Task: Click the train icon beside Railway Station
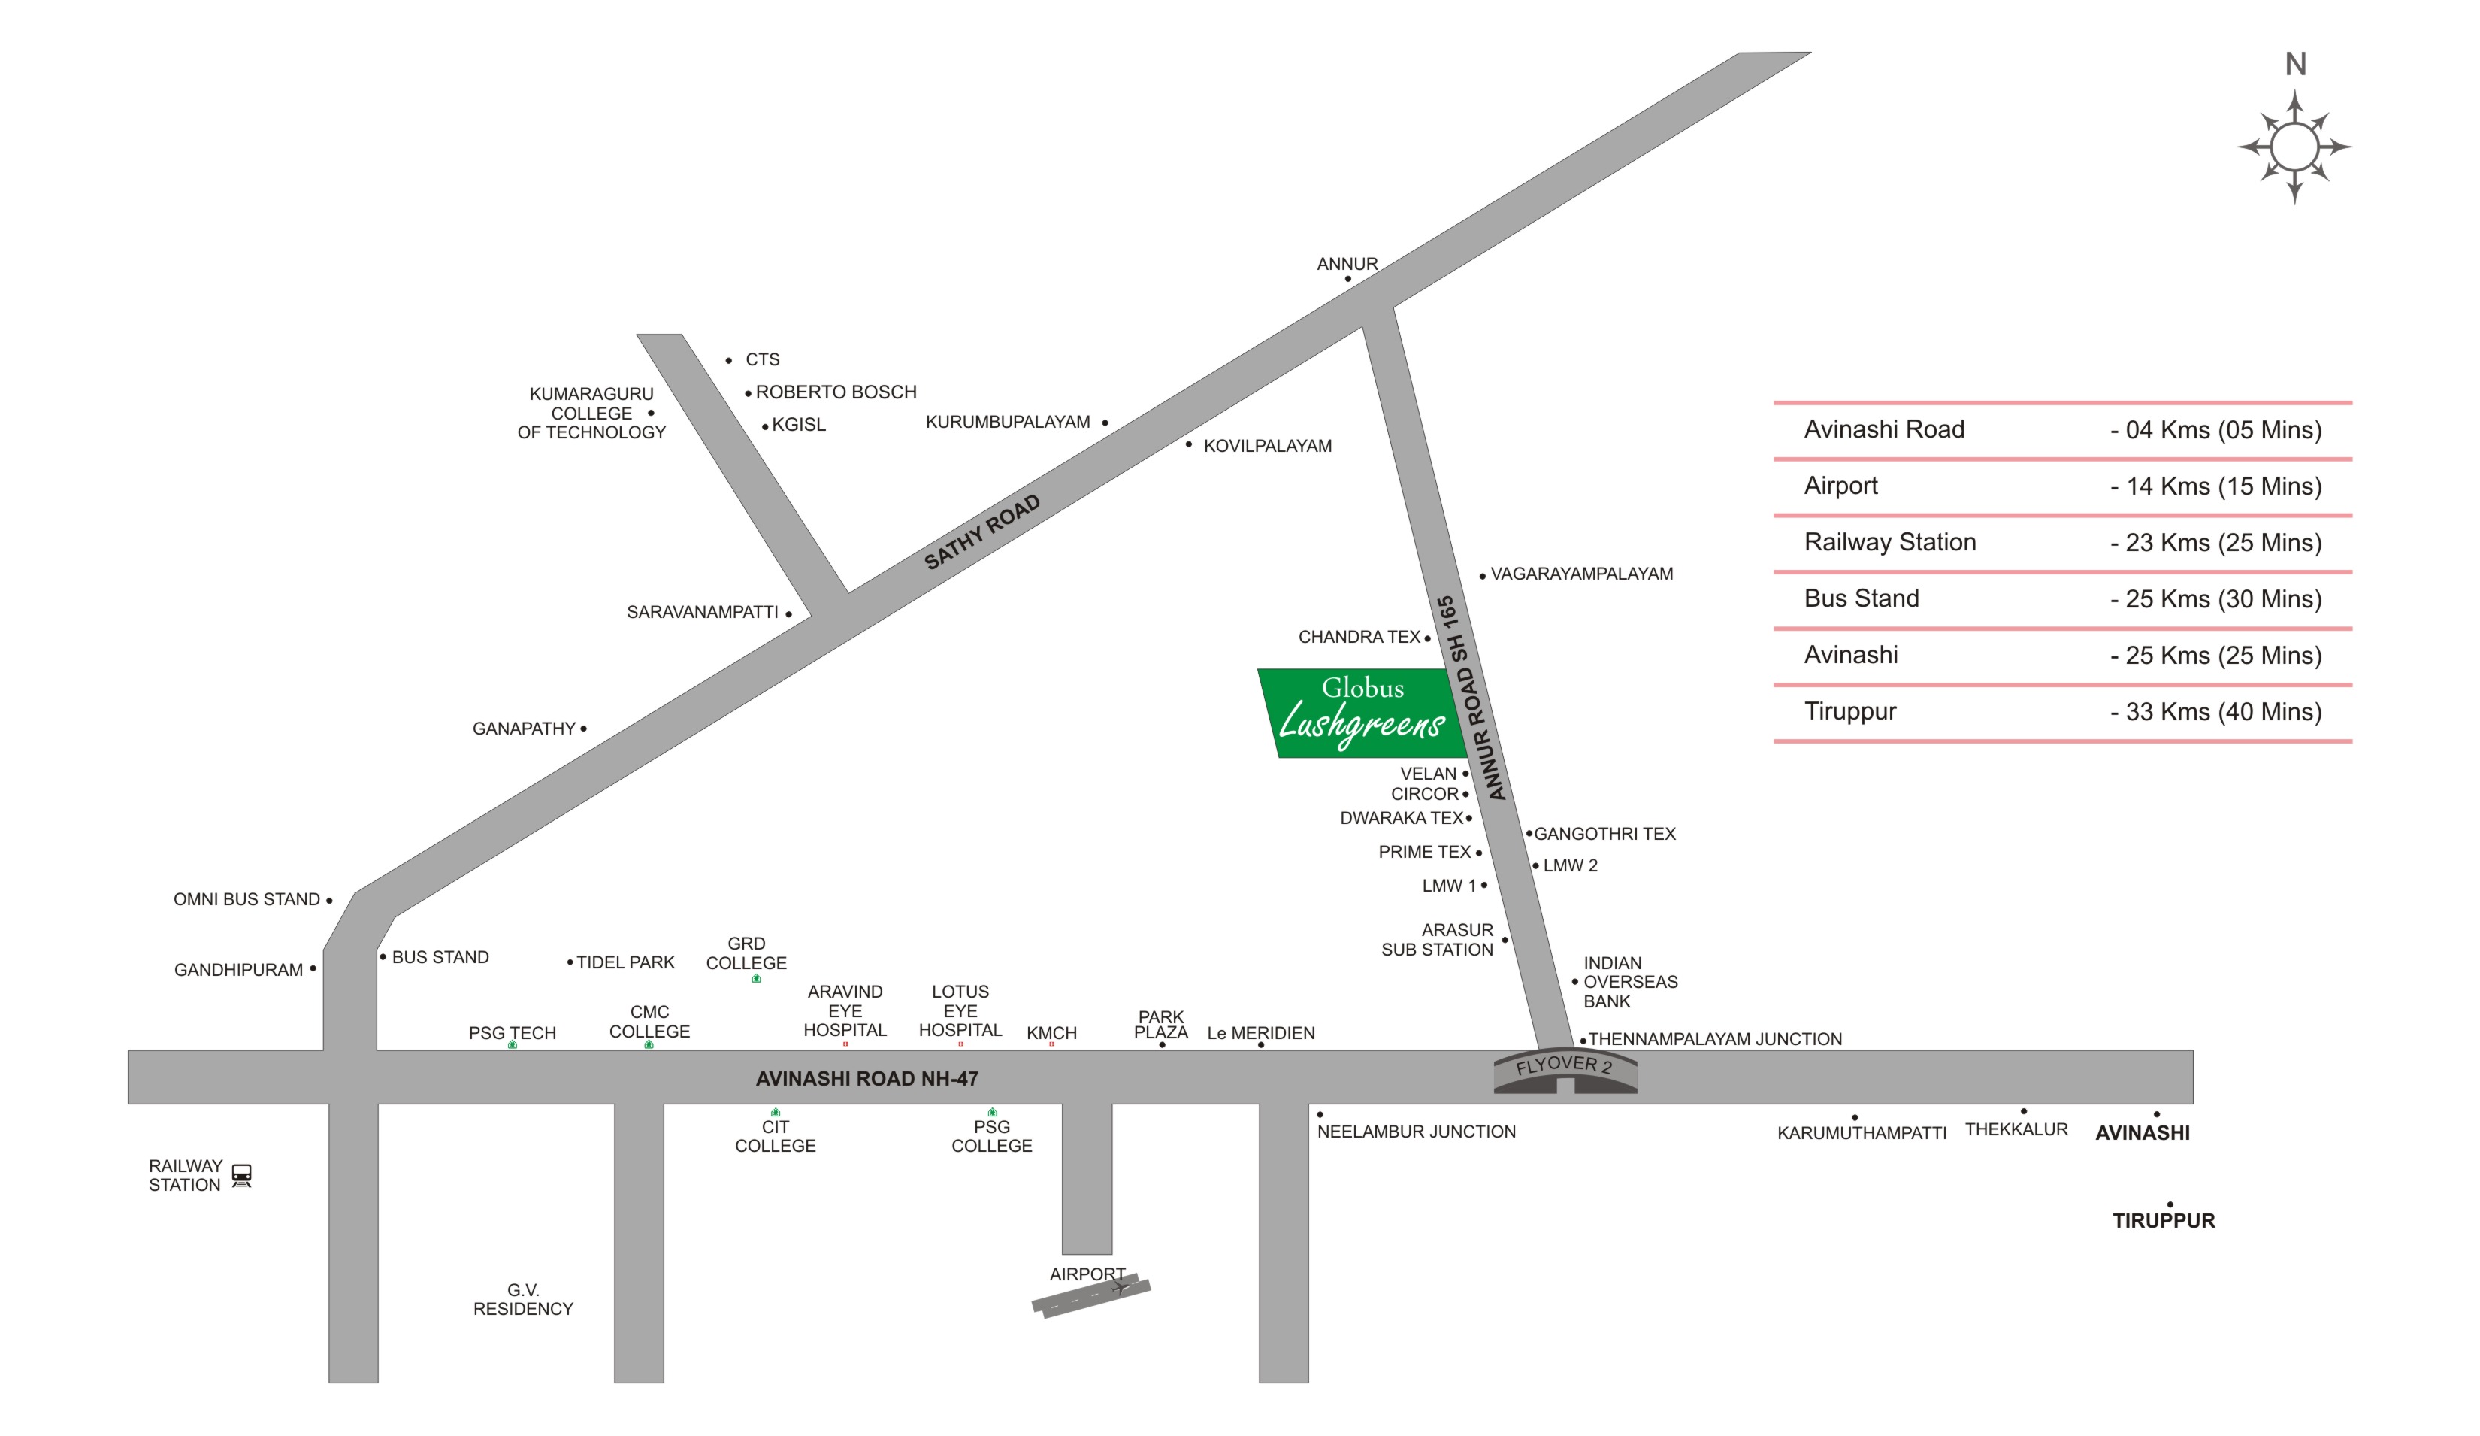point(241,1175)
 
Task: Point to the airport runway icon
point(1090,1295)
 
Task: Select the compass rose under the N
point(2294,147)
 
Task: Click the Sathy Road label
point(981,532)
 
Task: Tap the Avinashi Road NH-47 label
point(866,1079)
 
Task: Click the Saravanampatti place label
point(702,612)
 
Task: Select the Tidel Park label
point(625,962)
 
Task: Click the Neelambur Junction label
point(1415,1132)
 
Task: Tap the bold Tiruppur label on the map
point(2163,1220)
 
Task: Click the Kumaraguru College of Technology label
point(591,414)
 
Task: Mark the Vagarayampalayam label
point(1580,574)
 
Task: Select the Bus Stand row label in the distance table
point(1861,598)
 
